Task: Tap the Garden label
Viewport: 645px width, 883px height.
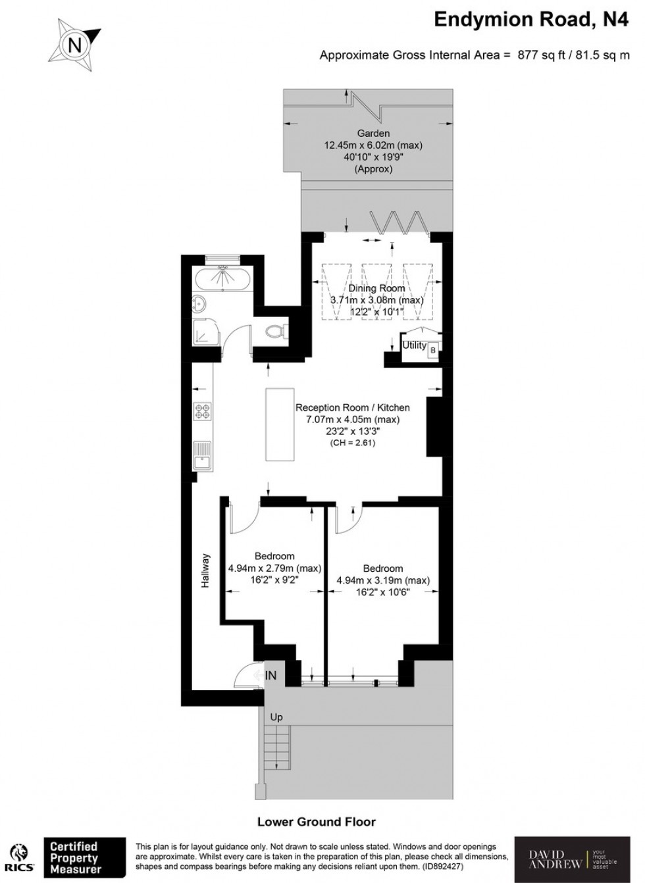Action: pyautogui.click(x=373, y=134)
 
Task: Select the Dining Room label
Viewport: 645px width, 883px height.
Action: pyautogui.click(x=376, y=288)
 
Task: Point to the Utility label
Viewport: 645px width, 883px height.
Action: pyautogui.click(x=414, y=345)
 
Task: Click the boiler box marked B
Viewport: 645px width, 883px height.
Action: pyautogui.click(x=432, y=351)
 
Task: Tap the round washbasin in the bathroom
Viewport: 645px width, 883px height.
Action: pyautogui.click(x=201, y=305)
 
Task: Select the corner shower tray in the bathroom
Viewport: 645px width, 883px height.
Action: pyautogui.click(x=205, y=333)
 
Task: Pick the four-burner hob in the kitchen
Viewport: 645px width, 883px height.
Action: pyautogui.click(x=202, y=412)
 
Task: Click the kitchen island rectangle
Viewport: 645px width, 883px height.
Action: pyautogui.click(x=277, y=424)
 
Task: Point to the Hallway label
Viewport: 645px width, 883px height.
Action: pyautogui.click(x=205, y=570)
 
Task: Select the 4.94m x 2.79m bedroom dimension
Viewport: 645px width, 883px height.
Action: pyautogui.click(x=274, y=568)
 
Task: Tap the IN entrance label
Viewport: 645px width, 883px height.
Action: pyautogui.click(x=271, y=676)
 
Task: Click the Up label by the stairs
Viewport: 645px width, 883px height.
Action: pyautogui.click(x=276, y=717)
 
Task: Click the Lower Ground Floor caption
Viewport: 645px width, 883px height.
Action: pyautogui.click(x=316, y=822)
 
